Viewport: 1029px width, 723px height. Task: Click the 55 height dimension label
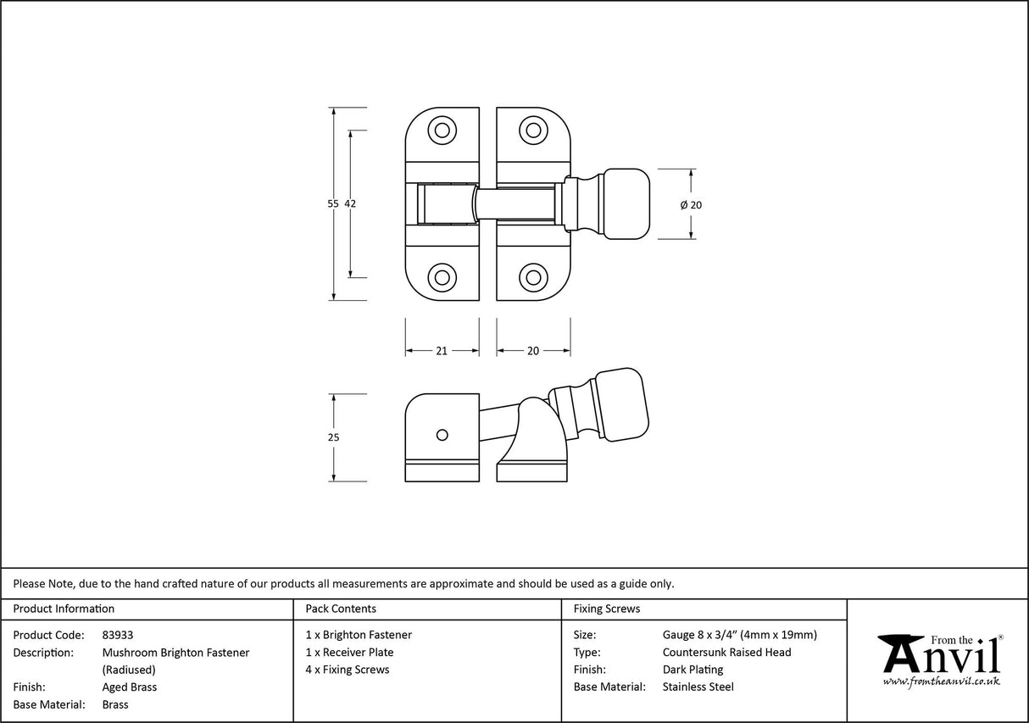pyautogui.click(x=332, y=203)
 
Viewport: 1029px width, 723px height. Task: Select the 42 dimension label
pyautogui.click(x=350, y=203)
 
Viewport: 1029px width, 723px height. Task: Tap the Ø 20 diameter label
pyautogui.click(x=692, y=204)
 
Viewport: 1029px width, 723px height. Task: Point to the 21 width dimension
pyautogui.click(x=442, y=351)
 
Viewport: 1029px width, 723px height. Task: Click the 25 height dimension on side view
pyautogui.click(x=333, y=437)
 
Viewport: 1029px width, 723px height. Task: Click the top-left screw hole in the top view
pyautogui.click(x=441, y=131)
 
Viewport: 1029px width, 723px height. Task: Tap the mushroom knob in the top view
pyautogui.click(x=626, y=203)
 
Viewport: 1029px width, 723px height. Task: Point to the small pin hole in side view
pyautogui.click(x=441, y=435)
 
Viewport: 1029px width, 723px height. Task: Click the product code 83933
pyautogui.click(x=117, y=635)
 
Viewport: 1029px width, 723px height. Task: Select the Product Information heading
pyautogui.click(x=64, y=609)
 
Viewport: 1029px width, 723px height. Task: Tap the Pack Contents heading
pyautogui.click(x=341, y=609)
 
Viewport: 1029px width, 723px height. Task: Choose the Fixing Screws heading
pyautogui.click(x=607, y=609)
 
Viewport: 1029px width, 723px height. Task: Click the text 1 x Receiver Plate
pyautogui.click(x=349, y=652)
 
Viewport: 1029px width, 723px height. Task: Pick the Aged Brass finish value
pyautogui.click(x=129, y=687)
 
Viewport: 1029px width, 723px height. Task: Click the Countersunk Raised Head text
pyautogui.click(x=726, y=652)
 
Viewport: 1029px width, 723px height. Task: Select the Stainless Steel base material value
pyautogui.click(x=698, y=687)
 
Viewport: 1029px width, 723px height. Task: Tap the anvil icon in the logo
pyautogui.click(x=902, y=653)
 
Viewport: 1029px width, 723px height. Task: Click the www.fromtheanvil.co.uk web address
pyautogui.click(x=941, y=681)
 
